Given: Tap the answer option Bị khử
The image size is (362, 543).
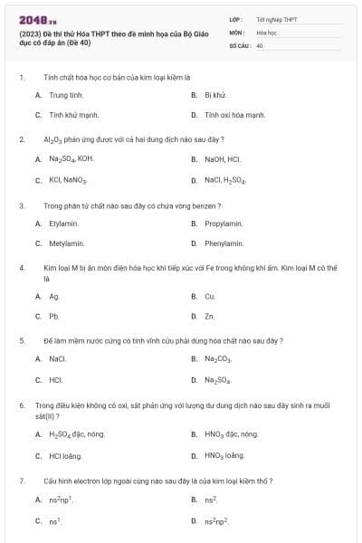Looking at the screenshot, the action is (x=214, y=94).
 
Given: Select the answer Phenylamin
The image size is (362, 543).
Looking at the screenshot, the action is (x=224, y=243).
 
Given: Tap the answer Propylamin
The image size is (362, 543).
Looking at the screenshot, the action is (x=224, y=223).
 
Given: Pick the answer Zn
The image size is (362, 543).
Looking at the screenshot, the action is (x=210, y=317).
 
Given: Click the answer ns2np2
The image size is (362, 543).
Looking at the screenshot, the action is (x=216, y=520).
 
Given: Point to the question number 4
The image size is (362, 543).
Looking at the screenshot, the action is (x=21, y=269).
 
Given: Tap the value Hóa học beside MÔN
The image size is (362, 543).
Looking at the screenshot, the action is (x=266, y=32).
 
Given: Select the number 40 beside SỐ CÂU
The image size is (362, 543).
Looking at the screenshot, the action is (x=260, y=44).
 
